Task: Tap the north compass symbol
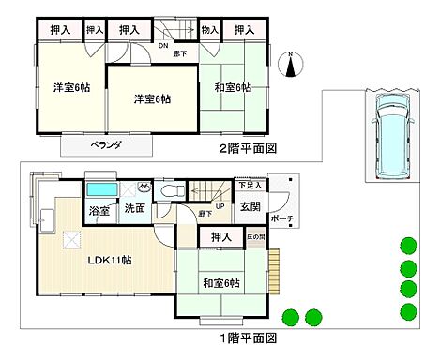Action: click(291, 65)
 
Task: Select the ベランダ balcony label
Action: click(105, 146)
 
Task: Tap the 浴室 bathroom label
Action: click(99, 210)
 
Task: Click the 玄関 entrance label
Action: click(250, 206)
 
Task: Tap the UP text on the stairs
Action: click(220, 207)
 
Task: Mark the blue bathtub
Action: click(99, 189)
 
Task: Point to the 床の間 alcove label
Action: click(255, 237)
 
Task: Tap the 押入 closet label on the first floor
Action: click(221, 237)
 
